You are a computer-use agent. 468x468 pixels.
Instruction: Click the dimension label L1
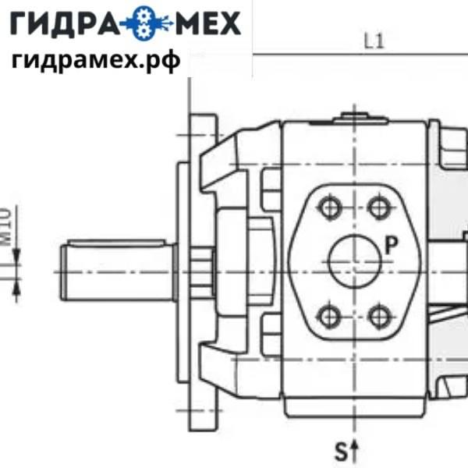tap(374, 42)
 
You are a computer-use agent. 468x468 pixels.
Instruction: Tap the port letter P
tap(392, 245)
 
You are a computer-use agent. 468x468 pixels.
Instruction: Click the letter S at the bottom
tap(341, 450)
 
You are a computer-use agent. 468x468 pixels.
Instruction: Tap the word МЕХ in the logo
tap(203, 24)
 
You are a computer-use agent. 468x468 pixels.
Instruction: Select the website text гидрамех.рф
tap(95, 59)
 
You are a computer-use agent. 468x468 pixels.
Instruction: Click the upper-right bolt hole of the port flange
tap(379, 207)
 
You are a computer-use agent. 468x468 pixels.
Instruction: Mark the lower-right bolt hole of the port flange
tap(379, 315)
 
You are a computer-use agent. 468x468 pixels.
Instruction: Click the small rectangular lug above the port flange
tap(271, 187)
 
